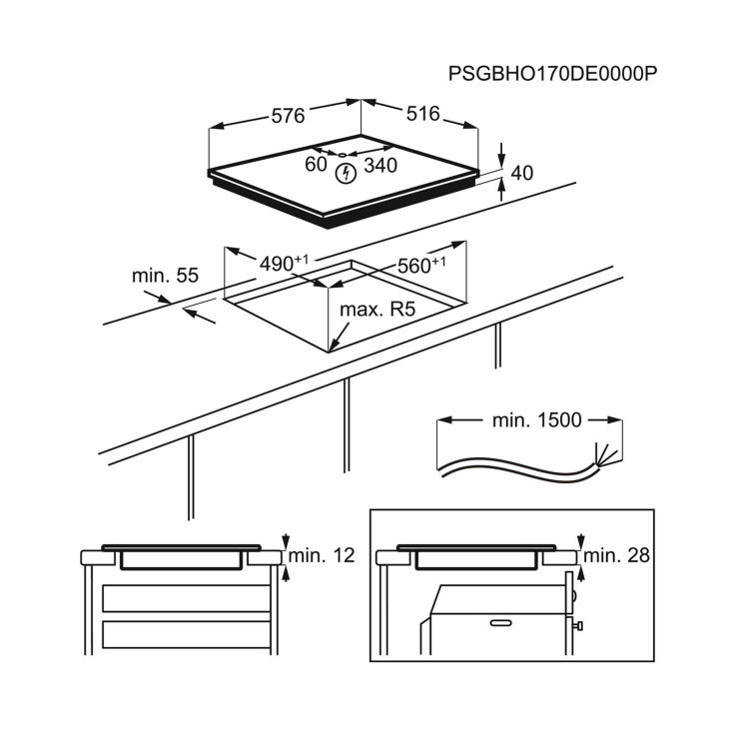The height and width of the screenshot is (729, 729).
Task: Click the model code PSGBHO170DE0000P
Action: tap(552, 74)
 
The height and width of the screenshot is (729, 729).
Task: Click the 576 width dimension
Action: tap(288, 116)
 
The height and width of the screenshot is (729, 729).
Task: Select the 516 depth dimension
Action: tap(422, 114)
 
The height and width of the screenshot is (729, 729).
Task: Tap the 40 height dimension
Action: tap(521, 173)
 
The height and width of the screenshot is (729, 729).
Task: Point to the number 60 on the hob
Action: tap(316, 164)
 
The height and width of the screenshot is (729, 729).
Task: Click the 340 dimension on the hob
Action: tap(380, 165)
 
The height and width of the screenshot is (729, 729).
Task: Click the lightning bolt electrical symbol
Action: tap(346, 174)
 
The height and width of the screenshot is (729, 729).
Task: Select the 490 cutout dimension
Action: tap(284, 264)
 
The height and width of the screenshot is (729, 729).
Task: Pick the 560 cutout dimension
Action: tap(421, 265)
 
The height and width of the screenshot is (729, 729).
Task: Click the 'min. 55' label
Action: tap(165, 276)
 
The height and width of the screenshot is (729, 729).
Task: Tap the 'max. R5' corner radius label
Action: tap(377, 310)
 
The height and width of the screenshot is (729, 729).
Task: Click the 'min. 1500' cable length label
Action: tap(536, 420)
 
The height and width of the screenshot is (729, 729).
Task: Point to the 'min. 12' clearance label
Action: tap(322, 555)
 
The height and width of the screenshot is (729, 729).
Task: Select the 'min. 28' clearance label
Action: tap(616, 555)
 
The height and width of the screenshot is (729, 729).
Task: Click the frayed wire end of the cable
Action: tap(604, 454)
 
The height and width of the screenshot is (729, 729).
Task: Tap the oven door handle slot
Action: tap(500, 622)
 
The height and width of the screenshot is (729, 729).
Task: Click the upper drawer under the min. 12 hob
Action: tap(186, 598)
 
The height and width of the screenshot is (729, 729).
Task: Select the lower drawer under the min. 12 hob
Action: tap(186, 634)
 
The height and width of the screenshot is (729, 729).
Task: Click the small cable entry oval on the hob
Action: tap(343, 155)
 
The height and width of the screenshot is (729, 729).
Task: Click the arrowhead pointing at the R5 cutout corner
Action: tap(333, 347)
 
